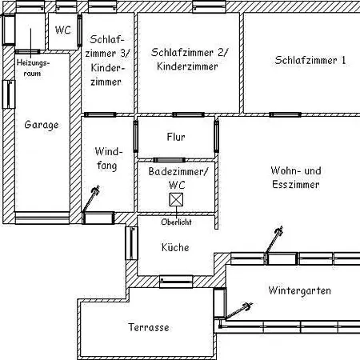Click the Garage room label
(42, 125)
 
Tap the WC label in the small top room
(63, 30)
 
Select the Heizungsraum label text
(33, 68)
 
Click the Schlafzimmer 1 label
(310, 60)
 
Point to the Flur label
(176, 137)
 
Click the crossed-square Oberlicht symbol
(176, 200)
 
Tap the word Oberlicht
(176, 222)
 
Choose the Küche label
(175, 247)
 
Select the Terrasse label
(149, 327)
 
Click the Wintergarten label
(300, 290)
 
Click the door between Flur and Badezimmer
(170, 160)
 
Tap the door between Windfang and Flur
(136, 136)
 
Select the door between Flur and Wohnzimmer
(217, 136)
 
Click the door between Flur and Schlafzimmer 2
(188, 114)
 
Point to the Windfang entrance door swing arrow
(90, 198)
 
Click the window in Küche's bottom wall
(176, 282)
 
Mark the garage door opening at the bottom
(42, 218)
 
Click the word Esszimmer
(296, 185)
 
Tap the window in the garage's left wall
(9, 94)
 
